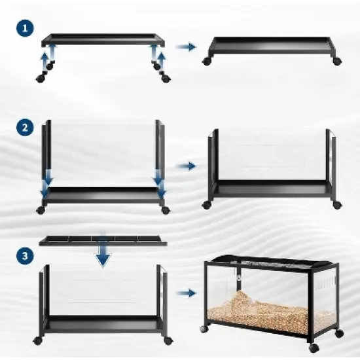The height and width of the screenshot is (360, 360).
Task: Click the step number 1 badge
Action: pos(24,28)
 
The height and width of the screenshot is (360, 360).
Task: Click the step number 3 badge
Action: pos(24,257)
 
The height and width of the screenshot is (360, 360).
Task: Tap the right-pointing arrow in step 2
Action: pos(187,166)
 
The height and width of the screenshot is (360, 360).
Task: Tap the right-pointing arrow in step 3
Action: pos(187,293)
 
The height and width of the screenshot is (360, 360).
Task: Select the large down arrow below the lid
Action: pos(103,256)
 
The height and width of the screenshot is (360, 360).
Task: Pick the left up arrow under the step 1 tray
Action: pos(46,61)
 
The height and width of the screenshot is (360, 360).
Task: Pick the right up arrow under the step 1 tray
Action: pos(159,61)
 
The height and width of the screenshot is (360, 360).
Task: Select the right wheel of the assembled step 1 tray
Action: pos(336,61)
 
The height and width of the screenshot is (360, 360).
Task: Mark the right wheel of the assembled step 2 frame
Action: pos(336,205)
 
